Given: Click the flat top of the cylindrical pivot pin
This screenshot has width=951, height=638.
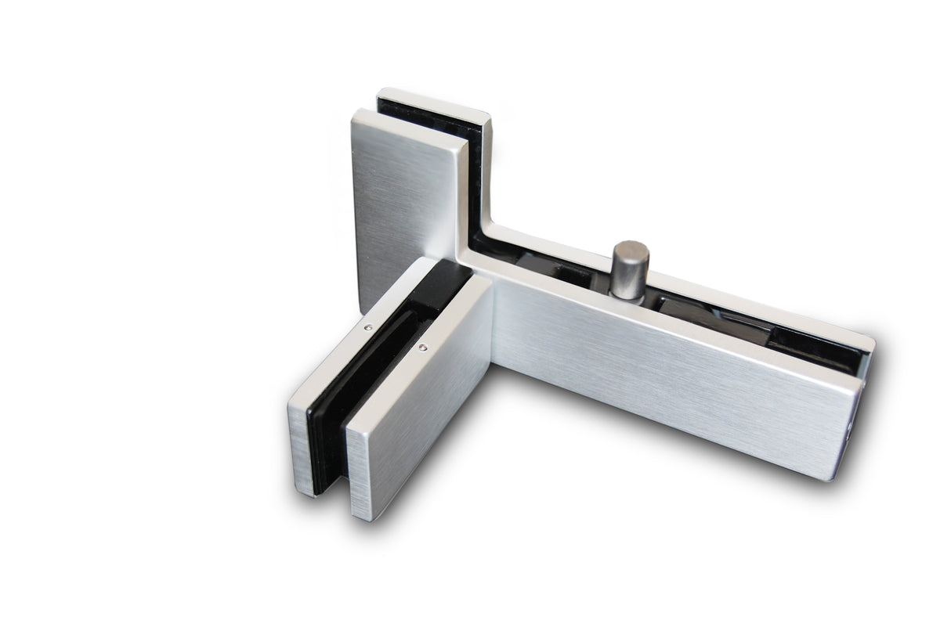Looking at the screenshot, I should pos(630,250).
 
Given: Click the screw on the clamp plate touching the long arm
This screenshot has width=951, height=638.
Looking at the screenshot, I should pos(423,348).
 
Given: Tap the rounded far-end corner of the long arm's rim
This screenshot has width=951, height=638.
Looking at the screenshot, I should pos(870,341).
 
